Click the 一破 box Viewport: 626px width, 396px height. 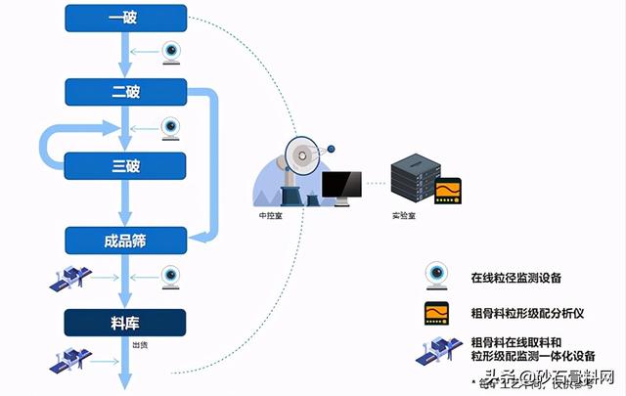(x=125, y=17)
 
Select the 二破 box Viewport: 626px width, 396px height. (x=125, y=91)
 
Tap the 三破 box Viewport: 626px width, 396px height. (x=125, y=165)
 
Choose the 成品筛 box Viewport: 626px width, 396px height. (x=125, y=238)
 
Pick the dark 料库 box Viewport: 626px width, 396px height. (x=125, y=321)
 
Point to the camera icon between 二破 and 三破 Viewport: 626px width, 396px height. (x=171, y=128)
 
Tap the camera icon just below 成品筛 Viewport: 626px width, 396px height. (x=171, y=277)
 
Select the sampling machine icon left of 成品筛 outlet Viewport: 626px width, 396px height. (x=71, y=281)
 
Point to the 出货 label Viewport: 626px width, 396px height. (x=140, y=344)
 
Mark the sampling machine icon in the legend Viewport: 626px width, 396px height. (x=436, y=349)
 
